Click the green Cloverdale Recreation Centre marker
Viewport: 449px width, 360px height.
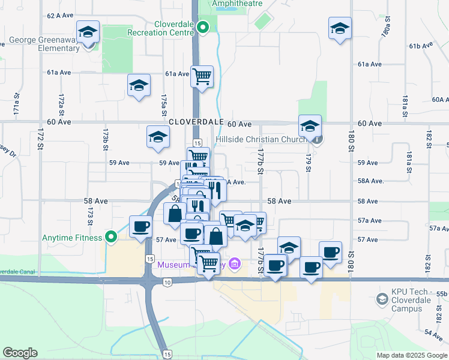203,27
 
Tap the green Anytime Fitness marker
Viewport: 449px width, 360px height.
110,237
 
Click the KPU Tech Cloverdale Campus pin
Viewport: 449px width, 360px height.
382,299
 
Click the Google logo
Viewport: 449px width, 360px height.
20,353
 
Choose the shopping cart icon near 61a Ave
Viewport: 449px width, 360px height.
202,77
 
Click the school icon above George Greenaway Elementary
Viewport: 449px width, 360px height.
88,31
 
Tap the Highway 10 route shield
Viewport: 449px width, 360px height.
167,281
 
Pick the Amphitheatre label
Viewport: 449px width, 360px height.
237,4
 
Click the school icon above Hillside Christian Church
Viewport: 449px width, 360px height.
310,127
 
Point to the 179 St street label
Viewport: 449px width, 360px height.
309,163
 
